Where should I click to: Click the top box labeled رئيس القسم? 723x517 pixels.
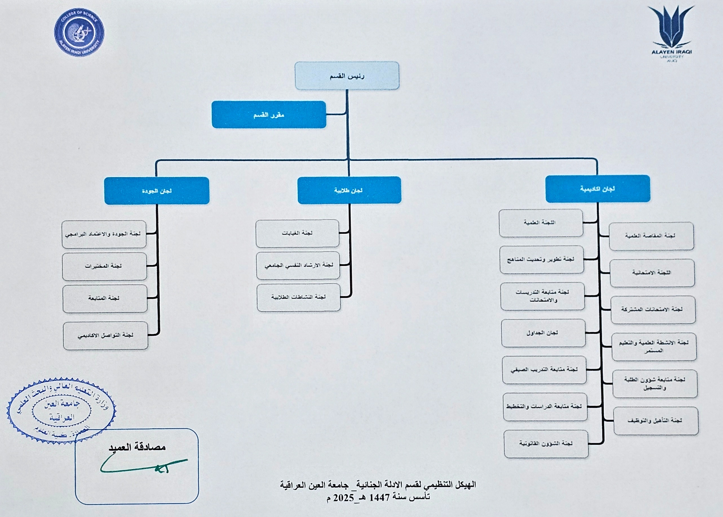[347, 76]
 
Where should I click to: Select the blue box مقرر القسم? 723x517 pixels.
[269, 115]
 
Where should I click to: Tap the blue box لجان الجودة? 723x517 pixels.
[157, 191]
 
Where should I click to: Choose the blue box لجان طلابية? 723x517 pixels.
[349, 190]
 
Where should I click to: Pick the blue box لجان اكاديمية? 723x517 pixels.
[598, 189]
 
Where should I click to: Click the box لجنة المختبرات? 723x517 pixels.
[104, 266]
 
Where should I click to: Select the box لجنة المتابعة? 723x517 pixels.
[105, 299]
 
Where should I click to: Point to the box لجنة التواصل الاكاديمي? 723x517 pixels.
[105, 335]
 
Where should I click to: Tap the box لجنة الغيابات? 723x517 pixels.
[297, 233]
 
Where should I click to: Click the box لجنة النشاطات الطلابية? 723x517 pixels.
[299, 297]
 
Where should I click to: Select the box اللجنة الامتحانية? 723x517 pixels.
[652, 273]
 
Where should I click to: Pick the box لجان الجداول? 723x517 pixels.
[543, 333]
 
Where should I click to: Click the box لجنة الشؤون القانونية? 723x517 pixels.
[546, 444]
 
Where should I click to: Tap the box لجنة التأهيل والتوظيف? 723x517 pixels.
[656, 421]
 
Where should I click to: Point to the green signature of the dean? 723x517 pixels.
[143, 466]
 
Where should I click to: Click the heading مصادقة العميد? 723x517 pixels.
[137, 447]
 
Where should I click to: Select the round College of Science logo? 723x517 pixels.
[79, 32]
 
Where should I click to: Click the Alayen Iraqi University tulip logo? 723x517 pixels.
[671, 29]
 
